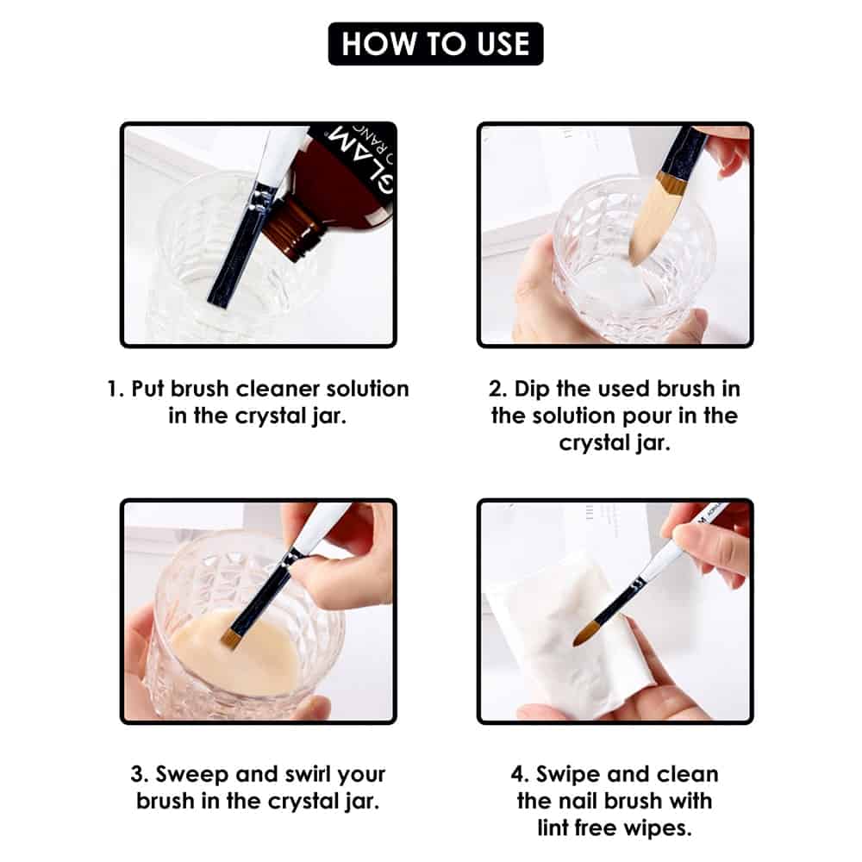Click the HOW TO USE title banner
[x=435, y=44]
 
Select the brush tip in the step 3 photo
[x=231, y=637]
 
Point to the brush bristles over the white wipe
[x=589, y=634]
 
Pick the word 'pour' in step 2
[x=642, y=416]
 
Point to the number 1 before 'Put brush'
[x=112, y=389]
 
